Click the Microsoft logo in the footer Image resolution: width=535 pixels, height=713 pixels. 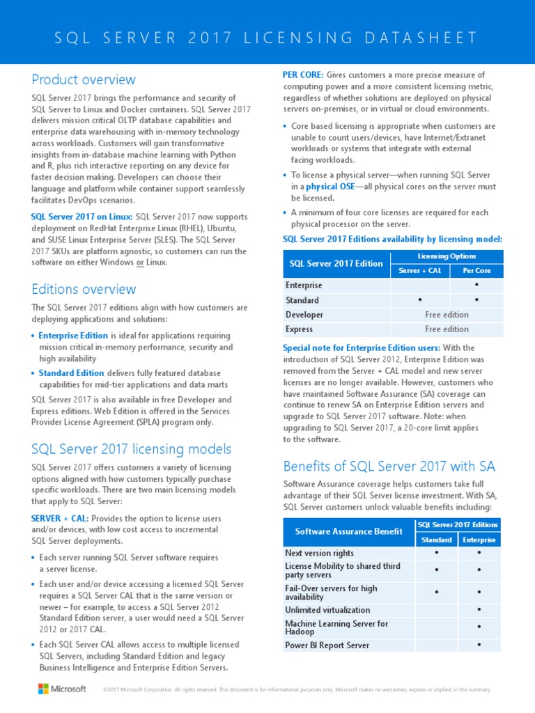[62, 689]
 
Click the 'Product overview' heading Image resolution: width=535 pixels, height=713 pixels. [84, 79]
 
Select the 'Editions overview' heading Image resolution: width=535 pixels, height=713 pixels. [84, 289]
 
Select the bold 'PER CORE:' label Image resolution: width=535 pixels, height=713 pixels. [302, 75]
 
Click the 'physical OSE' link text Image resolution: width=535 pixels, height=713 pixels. [331, 187]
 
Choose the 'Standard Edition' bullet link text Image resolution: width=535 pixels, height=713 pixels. [71, 373]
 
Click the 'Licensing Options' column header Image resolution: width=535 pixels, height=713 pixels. [447, 256]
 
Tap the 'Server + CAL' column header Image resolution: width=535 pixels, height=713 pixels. [420, 270]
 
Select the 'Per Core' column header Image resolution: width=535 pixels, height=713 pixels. [477, 270]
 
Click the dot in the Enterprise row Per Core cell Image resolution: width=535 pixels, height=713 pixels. [476, 285]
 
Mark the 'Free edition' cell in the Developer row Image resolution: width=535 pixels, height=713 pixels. [447, 315]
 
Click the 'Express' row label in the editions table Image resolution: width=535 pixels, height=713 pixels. [299, 329]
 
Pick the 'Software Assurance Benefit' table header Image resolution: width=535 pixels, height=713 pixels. [349, 531]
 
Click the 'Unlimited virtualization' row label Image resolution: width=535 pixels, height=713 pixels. [327, 610]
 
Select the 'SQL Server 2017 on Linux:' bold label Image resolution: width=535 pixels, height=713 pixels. [82, 217]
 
